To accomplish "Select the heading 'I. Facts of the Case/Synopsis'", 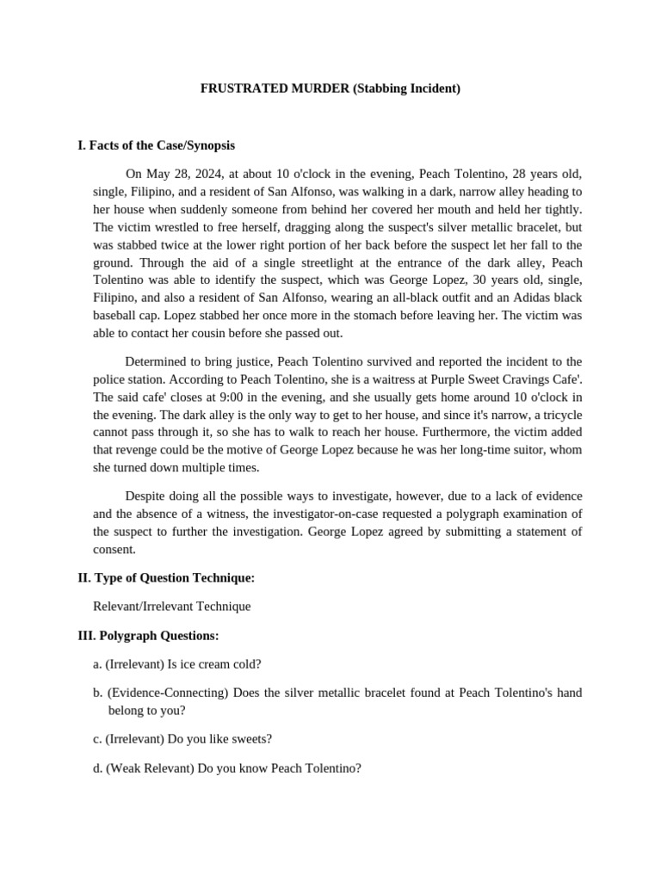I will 156,145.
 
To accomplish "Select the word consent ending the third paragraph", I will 114,550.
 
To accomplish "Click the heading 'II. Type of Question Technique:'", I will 165,577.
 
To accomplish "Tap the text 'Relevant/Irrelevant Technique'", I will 171,606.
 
